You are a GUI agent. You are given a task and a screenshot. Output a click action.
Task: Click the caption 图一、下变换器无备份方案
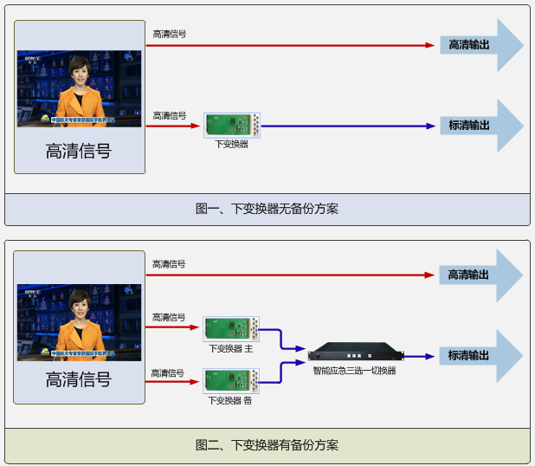click(x=267, y=209)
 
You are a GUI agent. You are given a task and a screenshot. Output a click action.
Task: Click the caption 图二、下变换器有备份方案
click(x=267, y=445)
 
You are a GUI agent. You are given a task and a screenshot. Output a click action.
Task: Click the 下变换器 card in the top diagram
click(x=232, y=126)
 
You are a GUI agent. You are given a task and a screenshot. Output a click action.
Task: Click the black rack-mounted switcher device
click(x=355, y=353)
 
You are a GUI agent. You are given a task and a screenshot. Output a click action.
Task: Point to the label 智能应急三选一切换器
click(x=354, y=371)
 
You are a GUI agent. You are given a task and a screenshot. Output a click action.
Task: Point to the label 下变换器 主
click(x=230, y=348)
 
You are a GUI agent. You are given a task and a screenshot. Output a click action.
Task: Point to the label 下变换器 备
click(x=230, y=401)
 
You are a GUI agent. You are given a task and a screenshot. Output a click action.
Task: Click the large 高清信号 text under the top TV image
click(x=79, y=151)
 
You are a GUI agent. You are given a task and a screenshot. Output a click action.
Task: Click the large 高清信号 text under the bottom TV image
click(x=79, y=379)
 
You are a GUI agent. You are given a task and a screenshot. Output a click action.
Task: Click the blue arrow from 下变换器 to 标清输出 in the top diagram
click(x=346, y=126)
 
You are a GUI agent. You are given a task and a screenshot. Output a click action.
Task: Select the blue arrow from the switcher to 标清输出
click(x=419, y=356)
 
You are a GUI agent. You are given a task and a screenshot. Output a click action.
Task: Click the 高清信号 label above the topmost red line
click(x=169, y=35)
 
